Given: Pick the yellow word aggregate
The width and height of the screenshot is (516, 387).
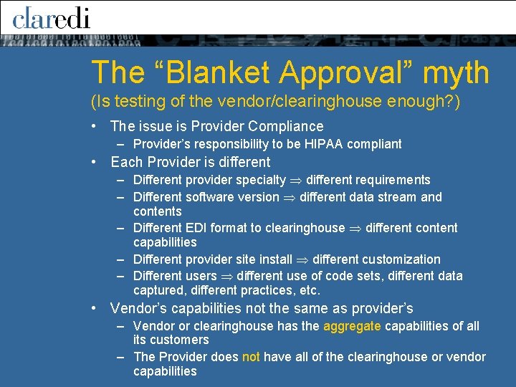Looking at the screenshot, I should click(353, 326).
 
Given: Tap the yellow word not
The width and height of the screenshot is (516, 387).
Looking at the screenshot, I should click(251, 357).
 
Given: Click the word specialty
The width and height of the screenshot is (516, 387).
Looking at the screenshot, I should click(260, 180).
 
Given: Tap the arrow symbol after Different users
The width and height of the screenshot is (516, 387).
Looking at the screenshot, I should click(226, 276).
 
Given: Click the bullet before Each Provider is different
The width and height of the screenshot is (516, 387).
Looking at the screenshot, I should click(95, 163).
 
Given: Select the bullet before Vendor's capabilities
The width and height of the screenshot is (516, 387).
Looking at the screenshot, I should click(95, 309).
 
